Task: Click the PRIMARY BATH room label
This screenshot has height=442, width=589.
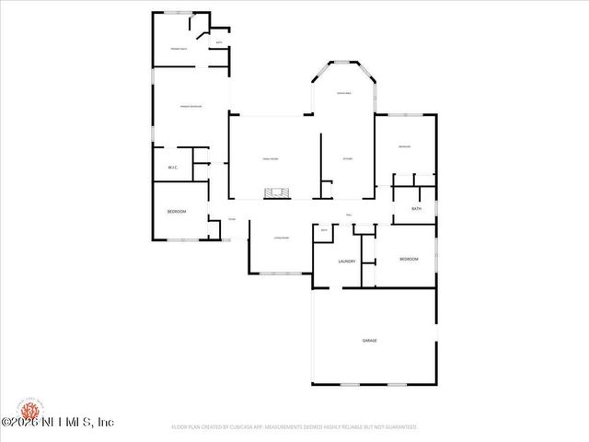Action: click(179, 48)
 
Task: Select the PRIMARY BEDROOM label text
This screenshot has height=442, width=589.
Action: click(191, 107)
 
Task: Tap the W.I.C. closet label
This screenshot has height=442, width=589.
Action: click(172, 167)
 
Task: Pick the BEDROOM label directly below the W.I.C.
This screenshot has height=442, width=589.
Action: click(177, 212)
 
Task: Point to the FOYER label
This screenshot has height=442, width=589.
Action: click(232, 219)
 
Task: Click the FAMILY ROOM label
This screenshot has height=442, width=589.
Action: click(270, 159)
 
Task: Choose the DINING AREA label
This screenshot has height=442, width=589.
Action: click(343, 94)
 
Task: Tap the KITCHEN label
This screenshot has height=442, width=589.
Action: click(348, 159)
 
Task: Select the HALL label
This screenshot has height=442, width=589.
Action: click(350, 215)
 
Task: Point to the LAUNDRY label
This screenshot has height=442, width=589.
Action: click(347, 262)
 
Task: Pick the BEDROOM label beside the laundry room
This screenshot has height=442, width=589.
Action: click(409, 259)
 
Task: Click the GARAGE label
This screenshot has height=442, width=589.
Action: click(369, 340)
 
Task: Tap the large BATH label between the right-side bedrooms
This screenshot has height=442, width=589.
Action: click(417, 209)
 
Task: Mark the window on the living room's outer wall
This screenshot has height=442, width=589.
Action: click(283, 273)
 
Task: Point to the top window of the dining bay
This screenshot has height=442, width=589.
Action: click(343, 62)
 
